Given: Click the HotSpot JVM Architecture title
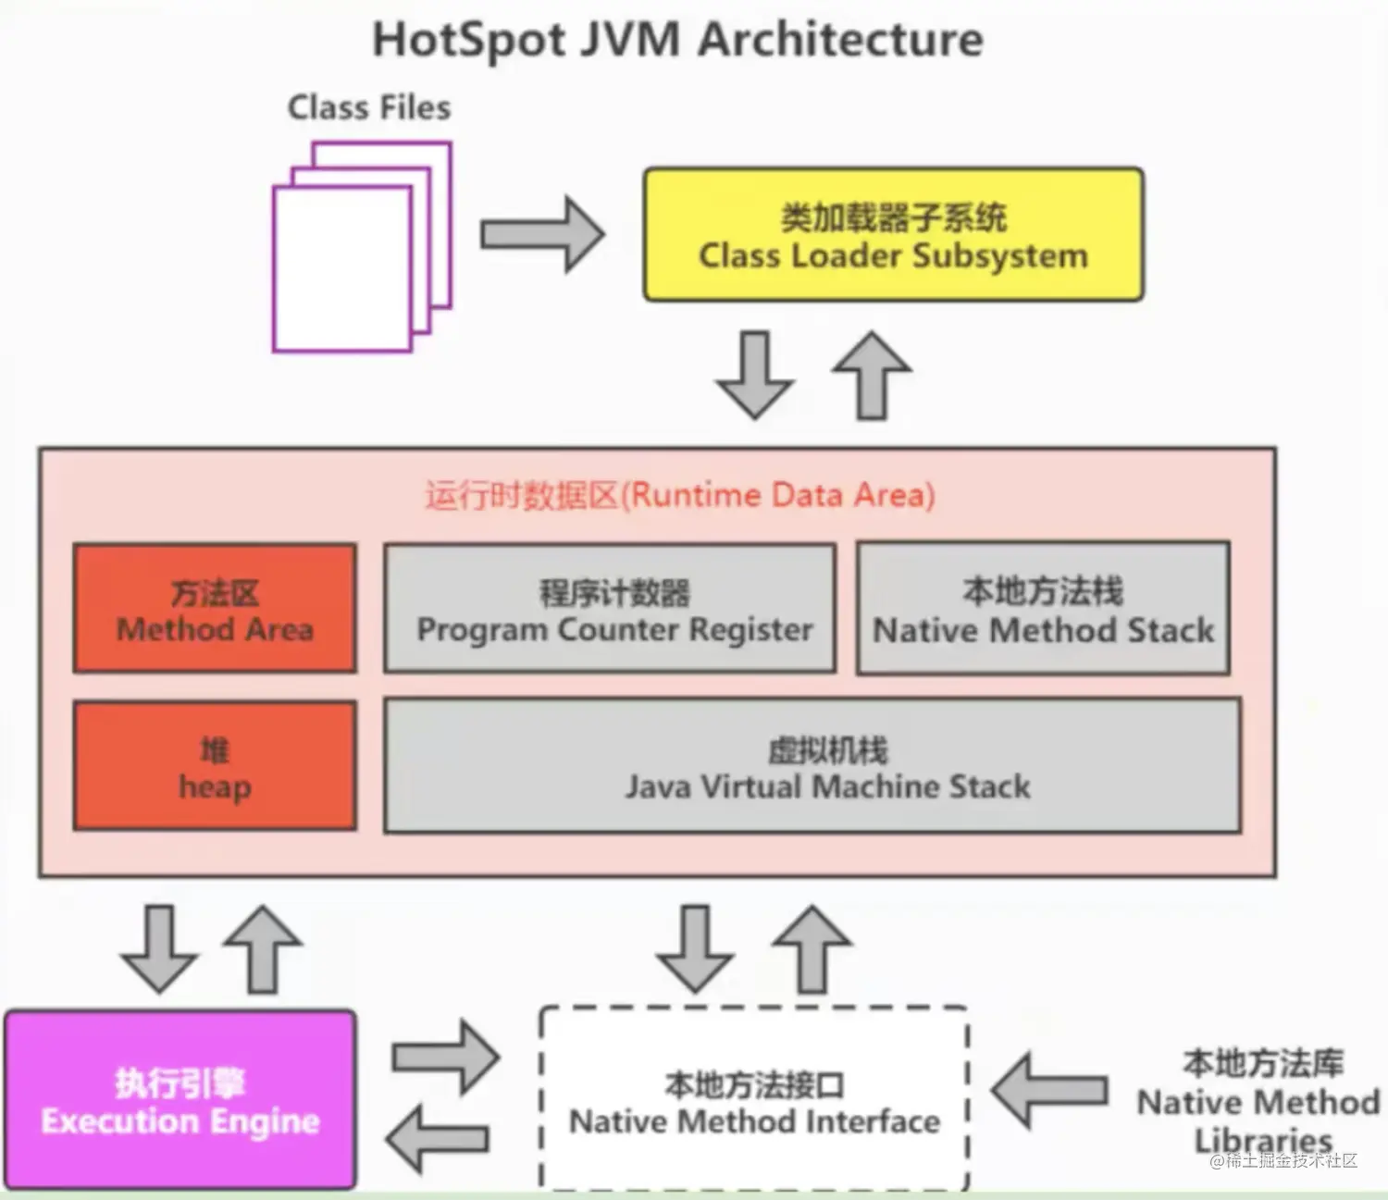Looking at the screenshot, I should click(x=677, y=40).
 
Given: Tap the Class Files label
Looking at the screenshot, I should click(x=369, y=107).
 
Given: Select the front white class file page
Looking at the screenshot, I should click(x=341, y=269).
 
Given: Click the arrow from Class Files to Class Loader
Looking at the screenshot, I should click(x=542, y=234).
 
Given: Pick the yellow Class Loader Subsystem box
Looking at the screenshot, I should click(x=893, y=235).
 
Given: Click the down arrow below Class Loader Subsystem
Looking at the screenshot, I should click(x=755, y=375).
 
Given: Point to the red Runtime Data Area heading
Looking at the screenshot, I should click(x=680, y=495).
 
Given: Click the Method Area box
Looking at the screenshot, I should click(x=215, y=609).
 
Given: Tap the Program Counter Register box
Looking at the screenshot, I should click(x=611, y=609).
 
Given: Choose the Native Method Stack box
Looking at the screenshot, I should click(x=1043, y=609).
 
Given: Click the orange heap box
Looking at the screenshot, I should click(x=215, y=766).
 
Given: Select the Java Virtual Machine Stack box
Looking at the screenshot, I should click(x=812, y=766).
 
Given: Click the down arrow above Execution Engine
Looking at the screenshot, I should click(x=159, y=948).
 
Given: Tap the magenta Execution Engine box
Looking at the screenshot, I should click(x=180, y=1099).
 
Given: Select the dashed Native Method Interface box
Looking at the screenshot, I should click(x=754, y=1099).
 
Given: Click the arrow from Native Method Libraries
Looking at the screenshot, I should click(x=1049, y=1091).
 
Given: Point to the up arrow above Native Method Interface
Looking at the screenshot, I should click(x=812, y=948).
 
